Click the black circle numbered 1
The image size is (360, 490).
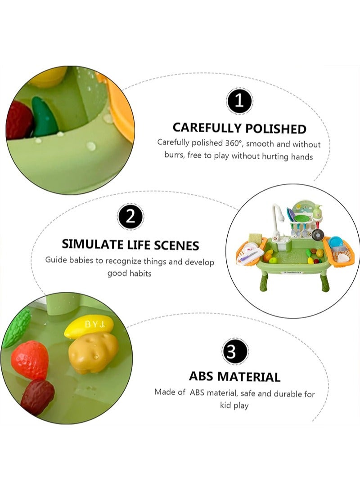(x=239, y=101)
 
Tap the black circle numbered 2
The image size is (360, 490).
(x=130, y=218)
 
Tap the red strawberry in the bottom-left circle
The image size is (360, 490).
(x=30, y=360)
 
